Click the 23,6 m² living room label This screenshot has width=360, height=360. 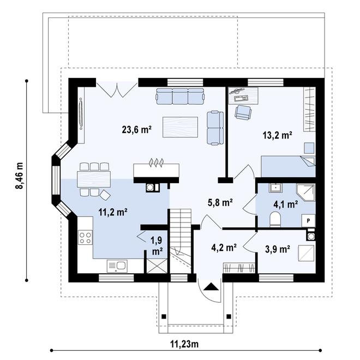coord(136,130)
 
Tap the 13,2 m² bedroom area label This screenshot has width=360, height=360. coord(277,135)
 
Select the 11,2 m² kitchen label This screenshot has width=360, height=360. coord(113,212)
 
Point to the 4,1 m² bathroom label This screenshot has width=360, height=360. coord(286,203)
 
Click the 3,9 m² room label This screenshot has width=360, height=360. coord(277,249)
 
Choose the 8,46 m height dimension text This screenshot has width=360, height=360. coord(20,176)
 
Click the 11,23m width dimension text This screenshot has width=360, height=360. coord(184,344)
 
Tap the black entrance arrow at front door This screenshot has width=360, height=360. coord(211,287)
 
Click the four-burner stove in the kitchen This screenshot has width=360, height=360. coord(86,237)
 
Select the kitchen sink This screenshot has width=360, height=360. coord(117,266)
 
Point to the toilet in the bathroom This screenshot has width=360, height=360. coord(275,219)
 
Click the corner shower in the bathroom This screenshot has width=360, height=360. coord(305,192)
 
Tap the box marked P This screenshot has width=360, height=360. coord(308,221)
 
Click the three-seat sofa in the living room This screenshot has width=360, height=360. coord(180,97)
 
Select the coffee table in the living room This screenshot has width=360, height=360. coord(180,127)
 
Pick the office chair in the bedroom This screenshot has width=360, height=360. coord(243,112)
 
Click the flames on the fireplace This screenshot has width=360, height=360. coord(156,162)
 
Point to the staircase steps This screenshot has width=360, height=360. coord(181,241)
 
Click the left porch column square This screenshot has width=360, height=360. coord(164,316)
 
